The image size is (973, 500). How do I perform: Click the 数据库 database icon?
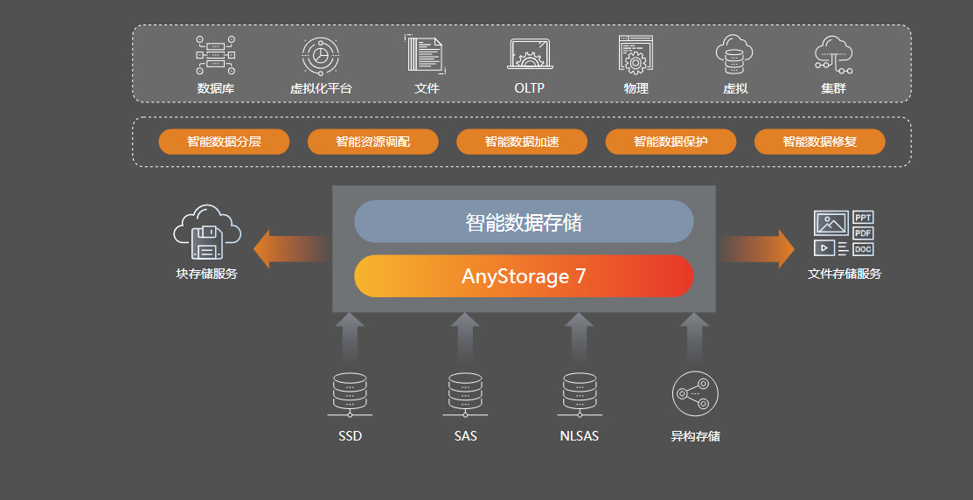[x=215, y=55]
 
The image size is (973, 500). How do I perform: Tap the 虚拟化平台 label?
[x=321, y=88]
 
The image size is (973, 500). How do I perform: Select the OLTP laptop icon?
[x=530, y=55]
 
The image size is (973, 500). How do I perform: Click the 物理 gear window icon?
[x=636, y=54]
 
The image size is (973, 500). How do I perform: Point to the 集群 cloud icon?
[x=833, y=54]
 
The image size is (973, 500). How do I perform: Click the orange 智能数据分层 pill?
[x=224, y=142]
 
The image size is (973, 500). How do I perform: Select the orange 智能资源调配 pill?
[x=372, y=142]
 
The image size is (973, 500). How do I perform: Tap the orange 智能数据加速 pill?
[x=522, y=142]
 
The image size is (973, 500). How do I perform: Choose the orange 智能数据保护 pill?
[x=671, y=142]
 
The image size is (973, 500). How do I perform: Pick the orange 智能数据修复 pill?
[x=819, y=142]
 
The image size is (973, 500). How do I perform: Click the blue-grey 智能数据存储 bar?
[x=524, y=222]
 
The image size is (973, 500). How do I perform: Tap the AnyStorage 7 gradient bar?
[x=524, y=276]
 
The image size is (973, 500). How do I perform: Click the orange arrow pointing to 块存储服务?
[x=288, y=249]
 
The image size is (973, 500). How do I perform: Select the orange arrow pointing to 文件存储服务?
[x=759, y=249]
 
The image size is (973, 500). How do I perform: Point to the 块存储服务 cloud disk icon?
[x=206, y=233]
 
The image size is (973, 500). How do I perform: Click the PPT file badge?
[x=863, y=218]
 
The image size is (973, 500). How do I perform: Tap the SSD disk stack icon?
[x=350, y=394]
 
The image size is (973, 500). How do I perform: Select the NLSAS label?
[x=580, y=435]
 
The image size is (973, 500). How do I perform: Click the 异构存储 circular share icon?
[x=695, y=394]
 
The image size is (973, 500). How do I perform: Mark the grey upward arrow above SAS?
[x=465, y=337]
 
